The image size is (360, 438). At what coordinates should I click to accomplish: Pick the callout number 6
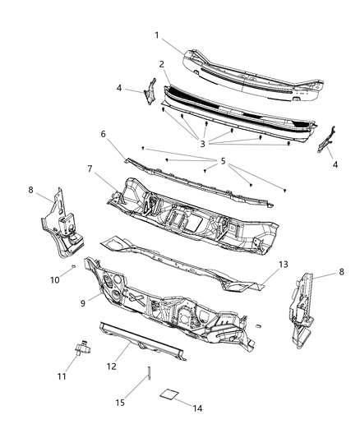pos(104,134)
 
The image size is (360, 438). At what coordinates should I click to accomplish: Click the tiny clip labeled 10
pos(73,267)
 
